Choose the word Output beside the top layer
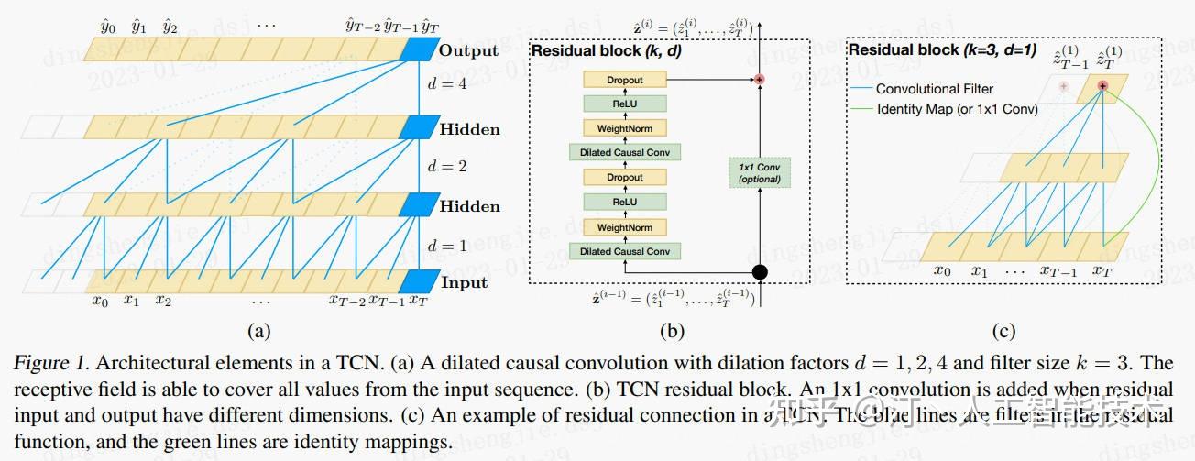(468, 50)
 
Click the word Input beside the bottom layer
(465, 282)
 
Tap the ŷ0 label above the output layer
(108, 27)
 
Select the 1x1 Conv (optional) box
(759, 173)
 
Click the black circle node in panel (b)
(759, 273)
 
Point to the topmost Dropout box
(625, 81)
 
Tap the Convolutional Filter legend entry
(934, 89)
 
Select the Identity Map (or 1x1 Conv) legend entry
(957, 109)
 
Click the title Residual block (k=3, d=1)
(942, 50)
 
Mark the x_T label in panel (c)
(1102, 270)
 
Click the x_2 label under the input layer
(163, 300)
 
